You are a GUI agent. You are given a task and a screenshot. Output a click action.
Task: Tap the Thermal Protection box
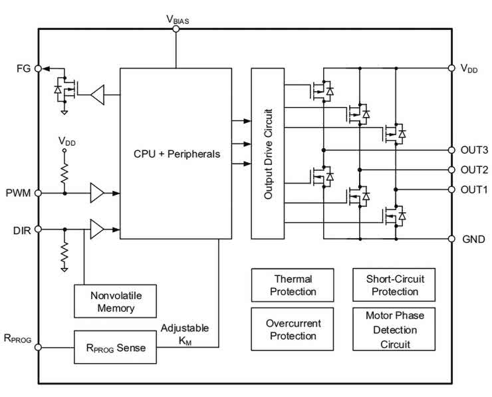pyautogui.click(x=293, y=285)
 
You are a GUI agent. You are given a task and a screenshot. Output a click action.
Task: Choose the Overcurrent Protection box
pyautogui.click(x=293, y=329)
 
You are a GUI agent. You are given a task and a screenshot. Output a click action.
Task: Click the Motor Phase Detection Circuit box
pyautogui.click(x=394, y=329)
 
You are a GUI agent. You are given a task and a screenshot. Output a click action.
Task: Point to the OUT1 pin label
pyautogui.click(x=475, y=190)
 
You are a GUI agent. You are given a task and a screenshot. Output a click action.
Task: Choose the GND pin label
pyautogui.click(x=473, y=239)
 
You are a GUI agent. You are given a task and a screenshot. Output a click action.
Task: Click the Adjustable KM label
pyautogui.click(x=185, y=334)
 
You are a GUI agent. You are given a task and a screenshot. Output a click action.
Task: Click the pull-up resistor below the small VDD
pyautogui.click(x=64, y=174)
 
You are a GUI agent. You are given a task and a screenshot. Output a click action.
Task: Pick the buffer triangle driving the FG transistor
pyautogui.click(x=98, y=94)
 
